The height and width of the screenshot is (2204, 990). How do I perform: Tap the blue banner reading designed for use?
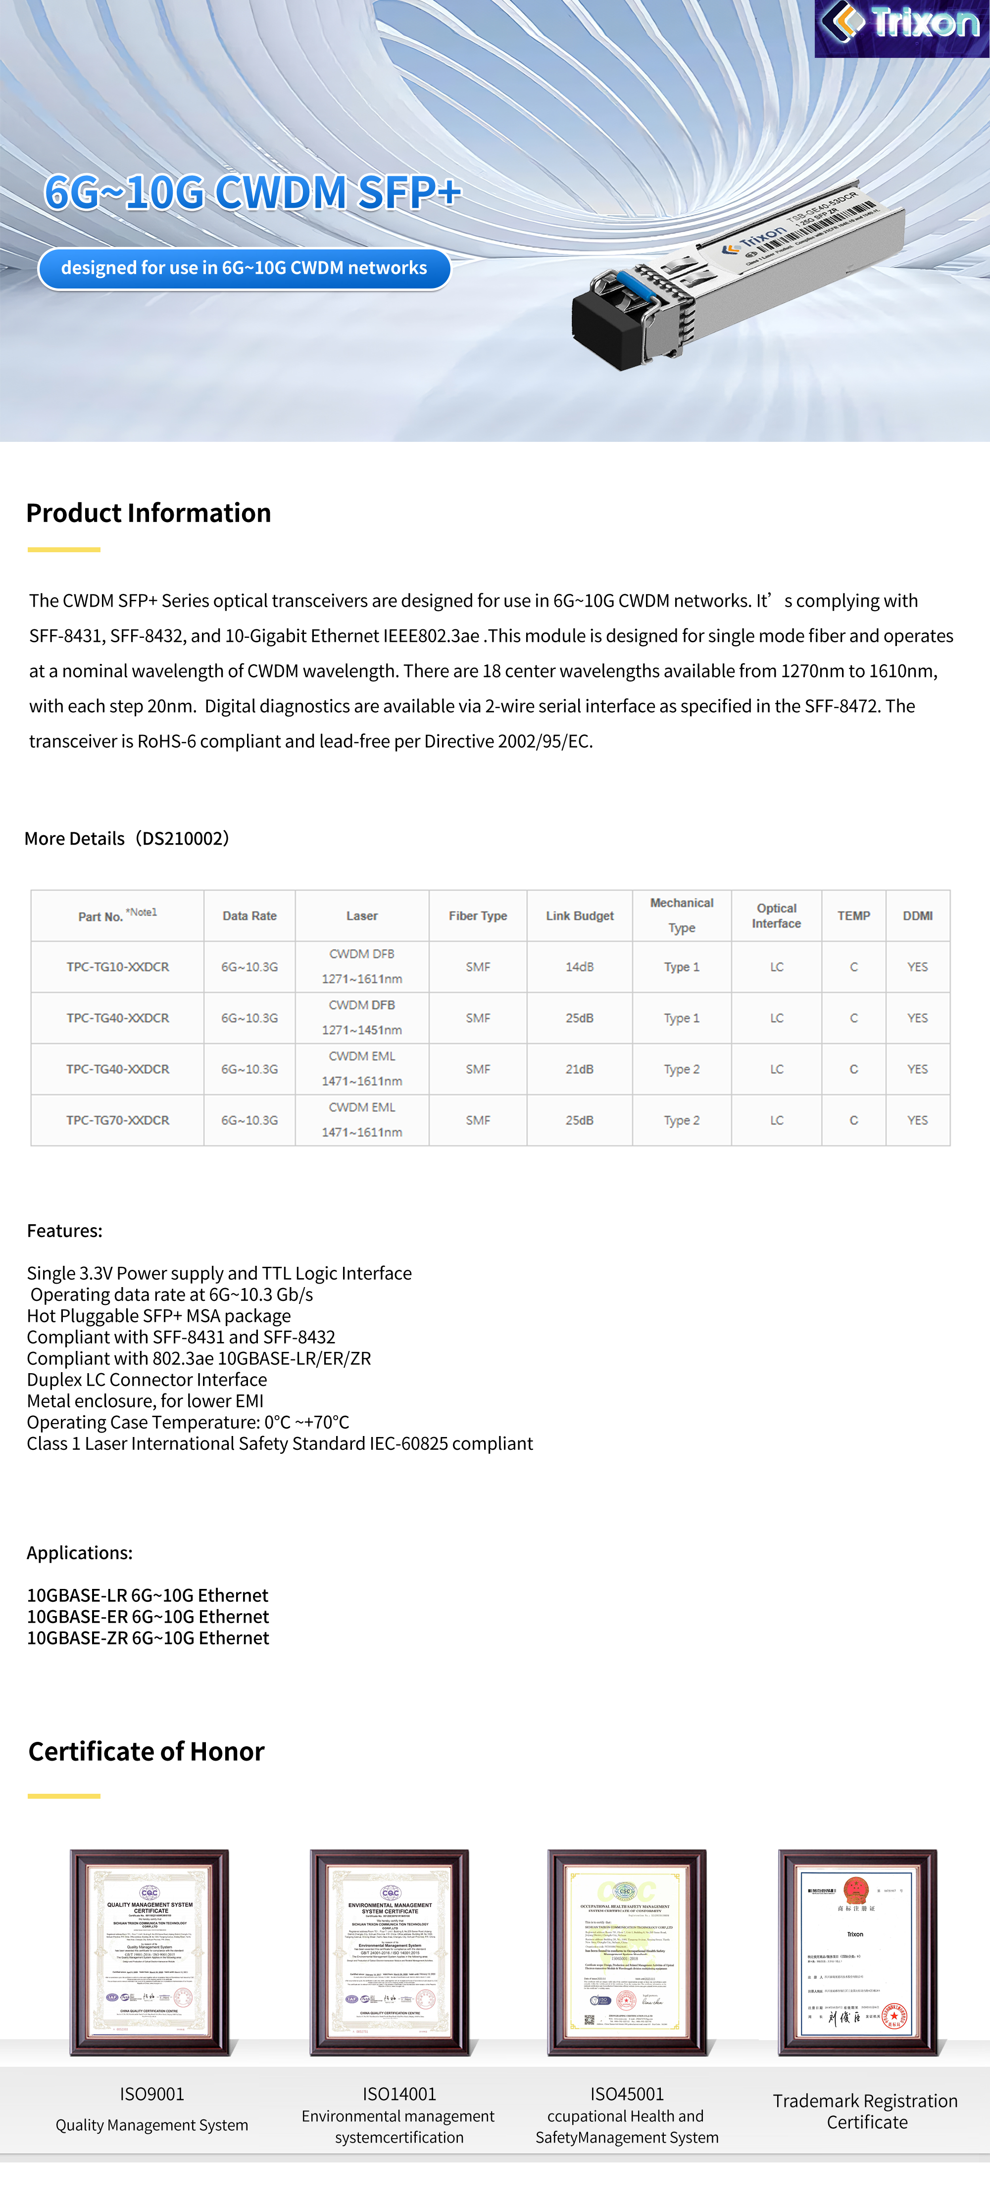point(244,269)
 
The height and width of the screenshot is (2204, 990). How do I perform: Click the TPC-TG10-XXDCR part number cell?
point(118,967)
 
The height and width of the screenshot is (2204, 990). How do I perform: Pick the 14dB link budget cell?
point(579,967)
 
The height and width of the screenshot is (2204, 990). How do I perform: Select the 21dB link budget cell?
point(579,1069)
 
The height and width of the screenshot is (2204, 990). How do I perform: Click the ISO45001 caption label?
point(627,2094)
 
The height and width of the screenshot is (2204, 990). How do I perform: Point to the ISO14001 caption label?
point(399,2094)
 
